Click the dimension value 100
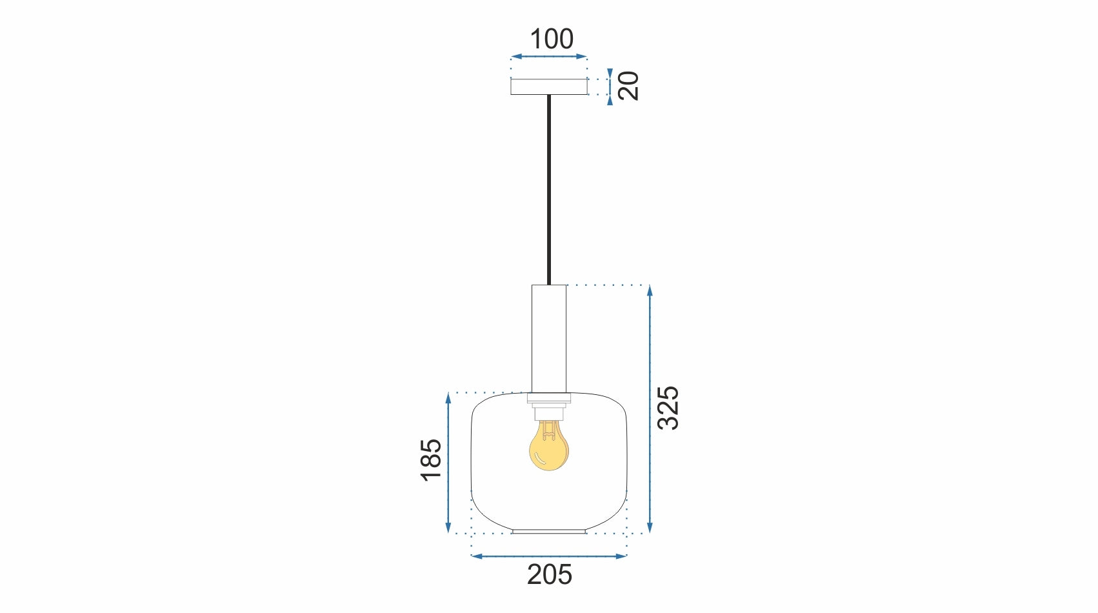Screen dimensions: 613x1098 [x=552, y=39]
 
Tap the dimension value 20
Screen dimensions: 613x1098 [x=628, y=86]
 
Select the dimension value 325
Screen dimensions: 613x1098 [x=668, y=408]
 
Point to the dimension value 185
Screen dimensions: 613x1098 [x=431, y=459]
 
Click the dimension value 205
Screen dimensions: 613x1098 [x=549, y=574]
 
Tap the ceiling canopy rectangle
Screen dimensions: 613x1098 [x=549, y=86]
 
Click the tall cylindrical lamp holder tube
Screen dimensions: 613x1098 [x=549, y=338]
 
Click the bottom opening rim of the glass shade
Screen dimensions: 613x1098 [x=549, y=532]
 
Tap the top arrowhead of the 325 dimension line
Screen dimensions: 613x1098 [x=650, y=290]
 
